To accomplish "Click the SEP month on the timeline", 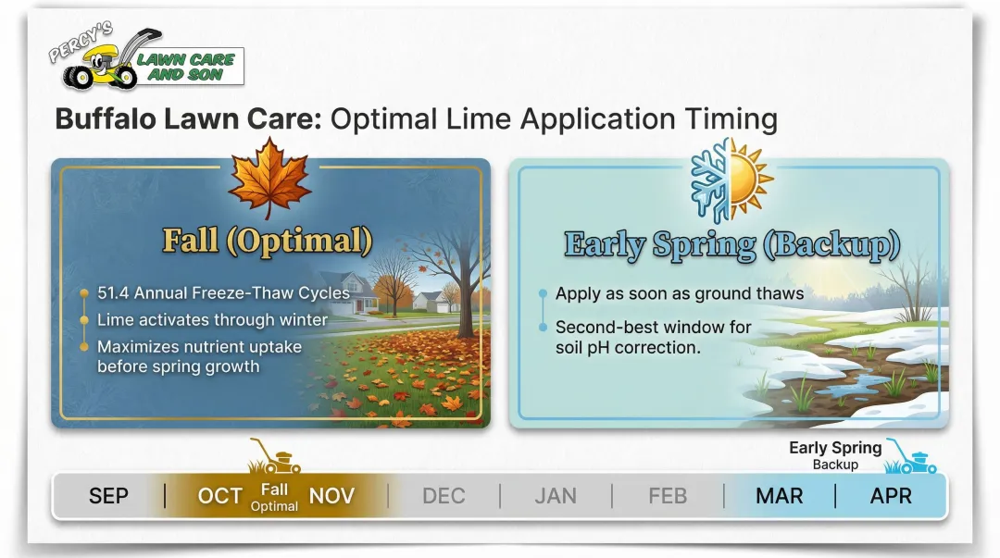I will pos(108,496).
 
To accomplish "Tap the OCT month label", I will pos(219,496).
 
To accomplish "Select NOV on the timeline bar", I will pos(331,496).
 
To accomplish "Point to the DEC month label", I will pos(444,496).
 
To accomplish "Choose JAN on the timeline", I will pos(556,496).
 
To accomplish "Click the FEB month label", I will pos(668,496).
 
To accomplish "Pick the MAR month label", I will pos(779,496).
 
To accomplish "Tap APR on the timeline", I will pos(891,496).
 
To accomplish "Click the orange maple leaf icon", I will pos(269,179).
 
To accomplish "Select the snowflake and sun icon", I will pos(731,180).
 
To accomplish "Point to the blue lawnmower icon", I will pos(910,456).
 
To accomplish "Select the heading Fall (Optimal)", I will pos(268,241).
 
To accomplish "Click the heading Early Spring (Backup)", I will pos(731,244).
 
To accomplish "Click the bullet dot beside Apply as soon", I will pos(541,294).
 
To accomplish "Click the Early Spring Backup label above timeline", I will pos(835,454).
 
